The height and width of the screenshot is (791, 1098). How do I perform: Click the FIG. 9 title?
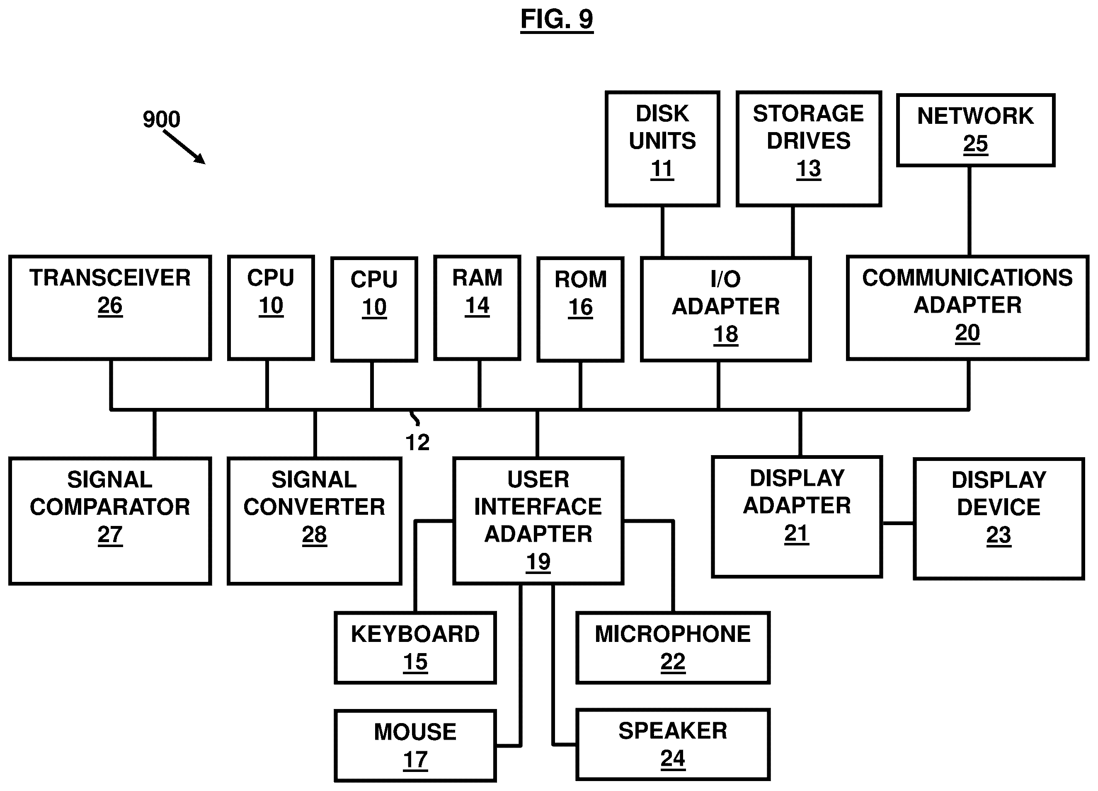coord(557,20)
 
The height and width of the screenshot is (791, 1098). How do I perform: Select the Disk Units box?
coord(662,149)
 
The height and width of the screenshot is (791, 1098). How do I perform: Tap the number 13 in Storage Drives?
coord(809,169)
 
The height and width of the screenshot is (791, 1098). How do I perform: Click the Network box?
coord(975,130)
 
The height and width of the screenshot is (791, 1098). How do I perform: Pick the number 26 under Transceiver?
coord(110,306)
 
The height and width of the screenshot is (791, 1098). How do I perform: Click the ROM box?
coord(580,309)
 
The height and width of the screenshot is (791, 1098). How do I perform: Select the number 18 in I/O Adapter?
coord(726,334)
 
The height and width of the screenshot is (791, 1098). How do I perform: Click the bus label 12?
coord(417,442)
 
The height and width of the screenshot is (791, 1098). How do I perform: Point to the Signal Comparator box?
coord(110,521)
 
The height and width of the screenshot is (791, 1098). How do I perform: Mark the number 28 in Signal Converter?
coord(314,535)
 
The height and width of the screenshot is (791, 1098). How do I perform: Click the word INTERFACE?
coord(538,507)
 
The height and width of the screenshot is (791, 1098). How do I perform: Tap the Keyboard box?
coord(415,648)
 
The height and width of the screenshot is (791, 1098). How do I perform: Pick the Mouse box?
coord(415,745)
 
